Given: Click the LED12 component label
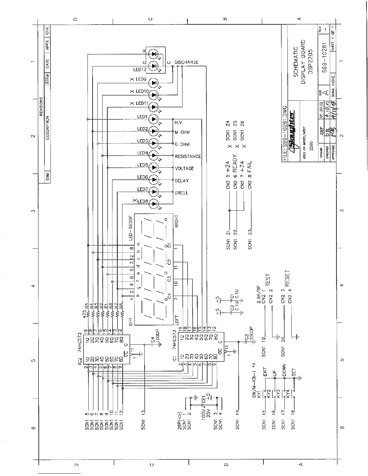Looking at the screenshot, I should click(139, 70).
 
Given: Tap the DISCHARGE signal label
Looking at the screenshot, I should click(186, 63).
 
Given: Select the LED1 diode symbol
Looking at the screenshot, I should click(154, 119).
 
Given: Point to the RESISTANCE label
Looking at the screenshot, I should click(188, 157).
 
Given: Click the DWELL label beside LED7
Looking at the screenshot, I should click(182, 193).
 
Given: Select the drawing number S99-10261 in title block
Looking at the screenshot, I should click(324, 56).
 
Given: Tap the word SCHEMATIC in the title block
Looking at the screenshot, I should click(296, 62).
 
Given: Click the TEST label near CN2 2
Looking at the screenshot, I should click(268, 279).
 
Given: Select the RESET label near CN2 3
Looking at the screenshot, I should click(287, 278).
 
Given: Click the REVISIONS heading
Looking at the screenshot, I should click(41, 107).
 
